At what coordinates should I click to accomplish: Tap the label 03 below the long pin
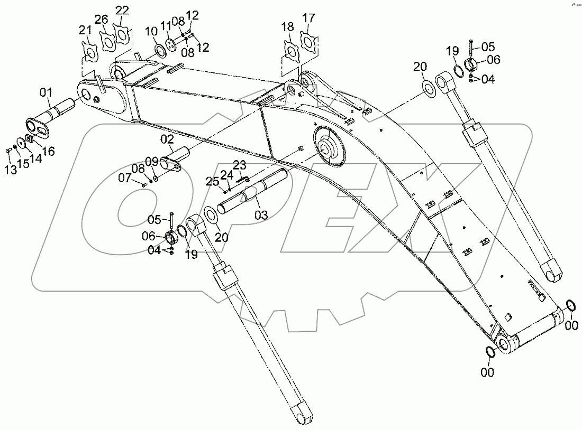point(261,214)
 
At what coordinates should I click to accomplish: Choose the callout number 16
point(48,152)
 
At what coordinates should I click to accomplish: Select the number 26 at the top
point(102,20)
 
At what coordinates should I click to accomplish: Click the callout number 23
point(240,164)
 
